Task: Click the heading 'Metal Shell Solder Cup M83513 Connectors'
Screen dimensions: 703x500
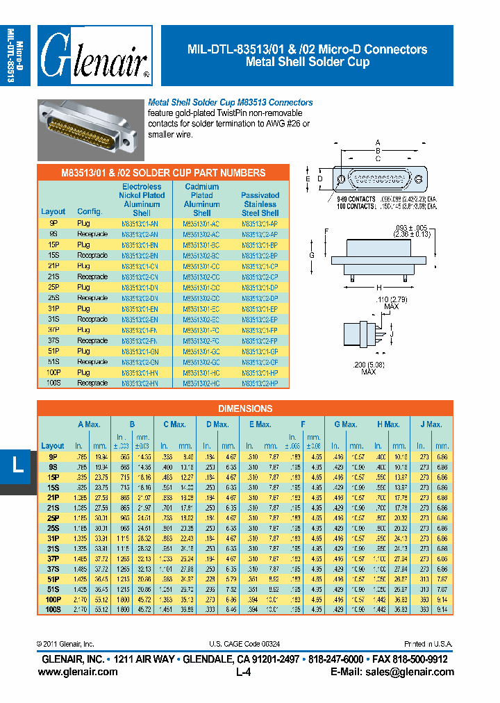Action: click(231, 102)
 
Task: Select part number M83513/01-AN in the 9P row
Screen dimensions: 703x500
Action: click(141, 224)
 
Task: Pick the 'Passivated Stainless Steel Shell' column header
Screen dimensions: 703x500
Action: click(260, 204)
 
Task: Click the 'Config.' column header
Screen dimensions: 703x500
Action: click(89, 212)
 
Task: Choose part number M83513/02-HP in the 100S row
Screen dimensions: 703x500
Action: click(260, 383)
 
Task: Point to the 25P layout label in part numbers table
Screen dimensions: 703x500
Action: click(53, 287)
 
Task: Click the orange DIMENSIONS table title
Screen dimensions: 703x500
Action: click(245, 408)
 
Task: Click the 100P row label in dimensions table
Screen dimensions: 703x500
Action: click(53, 598)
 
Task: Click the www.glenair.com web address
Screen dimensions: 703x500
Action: click(78, 672)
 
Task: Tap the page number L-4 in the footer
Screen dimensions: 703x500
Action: click(244, 672)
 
